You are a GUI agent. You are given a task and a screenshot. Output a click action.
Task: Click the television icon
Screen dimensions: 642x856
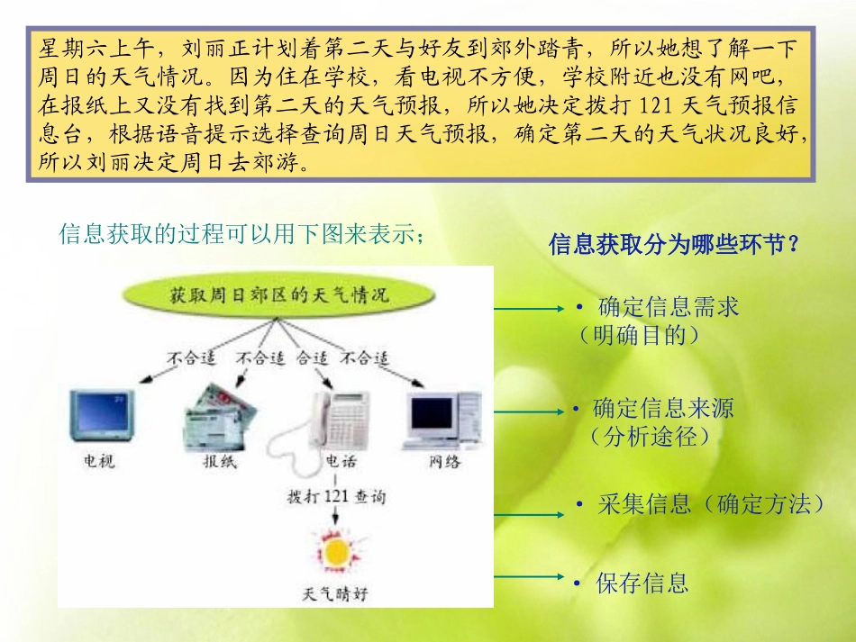pyautogui.click(x=101, y=417)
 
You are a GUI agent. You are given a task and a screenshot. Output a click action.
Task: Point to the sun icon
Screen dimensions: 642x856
pyautogui.click(x=335, y=551)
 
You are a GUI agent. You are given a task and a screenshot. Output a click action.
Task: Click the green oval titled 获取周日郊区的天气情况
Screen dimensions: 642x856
pyautogui.click(x=278, y=294)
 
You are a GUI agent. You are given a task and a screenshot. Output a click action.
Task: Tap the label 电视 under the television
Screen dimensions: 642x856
pyautogui.click(x=100, y=462)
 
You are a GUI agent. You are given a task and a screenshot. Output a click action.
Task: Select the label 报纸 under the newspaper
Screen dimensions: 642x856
pyautogui.click(x=219, y=463)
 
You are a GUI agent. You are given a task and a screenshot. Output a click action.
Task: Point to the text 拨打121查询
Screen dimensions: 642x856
pyautogui.click(x=335, y=496)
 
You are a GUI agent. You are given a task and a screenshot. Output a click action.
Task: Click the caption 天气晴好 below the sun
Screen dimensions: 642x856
pyautogui.click(x=335, y=594)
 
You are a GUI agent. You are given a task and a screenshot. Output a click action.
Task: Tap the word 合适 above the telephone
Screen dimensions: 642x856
pyautogui.click(x=312, y=357)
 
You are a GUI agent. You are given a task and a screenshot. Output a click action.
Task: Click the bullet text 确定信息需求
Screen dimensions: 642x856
pyautogui.click(x=668, y=307)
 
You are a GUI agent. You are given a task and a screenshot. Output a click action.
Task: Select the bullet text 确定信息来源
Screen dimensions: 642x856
pyautogui.click(x=662, y=408)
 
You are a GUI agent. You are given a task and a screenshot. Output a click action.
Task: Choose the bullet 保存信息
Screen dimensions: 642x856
pyautogui.click(x=642, y=583)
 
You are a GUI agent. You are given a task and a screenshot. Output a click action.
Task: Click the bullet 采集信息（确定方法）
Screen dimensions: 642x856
pyautogui.click(x=710, y=504)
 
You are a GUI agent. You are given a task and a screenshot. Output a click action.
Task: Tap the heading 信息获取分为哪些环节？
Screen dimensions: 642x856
pyautogui.click(x=674, y=245)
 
